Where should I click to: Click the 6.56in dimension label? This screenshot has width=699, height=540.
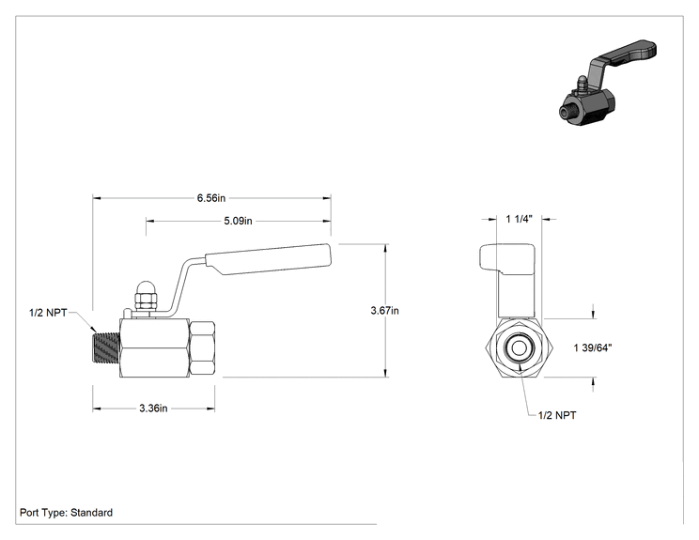point(211,198)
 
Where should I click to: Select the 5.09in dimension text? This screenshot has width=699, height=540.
point(238,221)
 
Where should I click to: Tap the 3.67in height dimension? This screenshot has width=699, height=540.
point(384,311)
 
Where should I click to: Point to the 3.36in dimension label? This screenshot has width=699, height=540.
point(153,409)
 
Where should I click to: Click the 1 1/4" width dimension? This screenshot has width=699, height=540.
point(520,219)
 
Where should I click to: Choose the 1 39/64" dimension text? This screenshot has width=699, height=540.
point(593,348)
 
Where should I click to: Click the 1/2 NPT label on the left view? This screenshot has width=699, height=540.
point(48,313)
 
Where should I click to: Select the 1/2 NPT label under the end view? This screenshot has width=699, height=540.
point(557,415)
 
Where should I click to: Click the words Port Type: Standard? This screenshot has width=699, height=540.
point(66,513)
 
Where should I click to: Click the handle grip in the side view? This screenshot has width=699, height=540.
point(269,259)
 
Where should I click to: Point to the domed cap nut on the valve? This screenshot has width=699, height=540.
point(146,296)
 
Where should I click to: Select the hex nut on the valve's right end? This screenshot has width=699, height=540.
point(202,348)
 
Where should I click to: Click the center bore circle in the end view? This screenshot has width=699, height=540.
point(519,348)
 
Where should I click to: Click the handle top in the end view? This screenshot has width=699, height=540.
point(507,257)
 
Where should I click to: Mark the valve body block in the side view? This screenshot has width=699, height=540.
point(154,348)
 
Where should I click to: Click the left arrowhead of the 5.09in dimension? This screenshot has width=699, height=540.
point(149,221)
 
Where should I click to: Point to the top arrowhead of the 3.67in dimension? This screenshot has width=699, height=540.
point(385,248)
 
